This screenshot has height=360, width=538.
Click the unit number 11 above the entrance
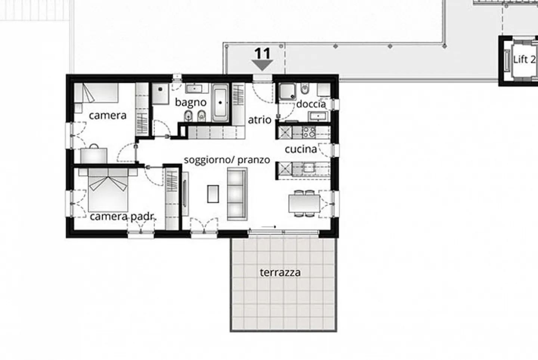(262, 53)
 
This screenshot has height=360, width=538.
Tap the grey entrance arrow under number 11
(263, 65)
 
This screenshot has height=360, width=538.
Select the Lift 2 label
(524, 59)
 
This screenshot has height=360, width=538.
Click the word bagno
(191, 102)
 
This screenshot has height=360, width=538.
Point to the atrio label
(259, 120)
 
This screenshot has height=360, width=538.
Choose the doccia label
(311, 104)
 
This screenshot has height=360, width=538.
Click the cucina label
(300, 149)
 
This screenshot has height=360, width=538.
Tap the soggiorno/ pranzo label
(227, 160)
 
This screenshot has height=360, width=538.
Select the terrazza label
(280, 273)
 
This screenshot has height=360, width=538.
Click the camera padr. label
(123, 217)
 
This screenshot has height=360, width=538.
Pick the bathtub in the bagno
(220, 102)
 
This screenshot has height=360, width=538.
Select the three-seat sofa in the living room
(237, 193)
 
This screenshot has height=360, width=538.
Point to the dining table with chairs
(304, 204)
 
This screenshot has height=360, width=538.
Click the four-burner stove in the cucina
(309, 131)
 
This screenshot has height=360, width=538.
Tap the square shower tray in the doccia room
(287, 91)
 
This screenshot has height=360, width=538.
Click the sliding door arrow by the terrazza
(269, 227)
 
